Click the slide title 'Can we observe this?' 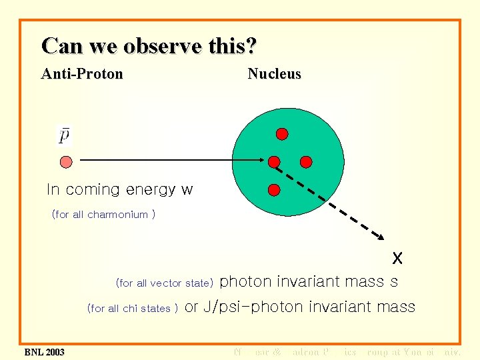[x=149, y=46]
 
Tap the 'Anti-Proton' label [x=82, y=74]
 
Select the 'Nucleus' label [x=274, y=74]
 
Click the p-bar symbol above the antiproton [x=65, y=135]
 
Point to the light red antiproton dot [x=65, y=161]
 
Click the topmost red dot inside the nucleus [x=282, y=134]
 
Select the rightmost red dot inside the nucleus [x=306, y=161]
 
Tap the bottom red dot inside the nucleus [x=273, y=190]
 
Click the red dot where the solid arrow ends [x=274, y=161]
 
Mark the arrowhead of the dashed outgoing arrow [x=383, y=237]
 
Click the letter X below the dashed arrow [x=397, y=257]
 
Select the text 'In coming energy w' [x=119, y=190]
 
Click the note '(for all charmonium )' [x=103, y=215]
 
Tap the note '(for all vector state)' [x=164, y=283]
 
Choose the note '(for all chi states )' [x=132, y=308]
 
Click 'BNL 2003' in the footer [x=44, y=351]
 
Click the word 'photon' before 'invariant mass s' [x=245, y=282]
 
